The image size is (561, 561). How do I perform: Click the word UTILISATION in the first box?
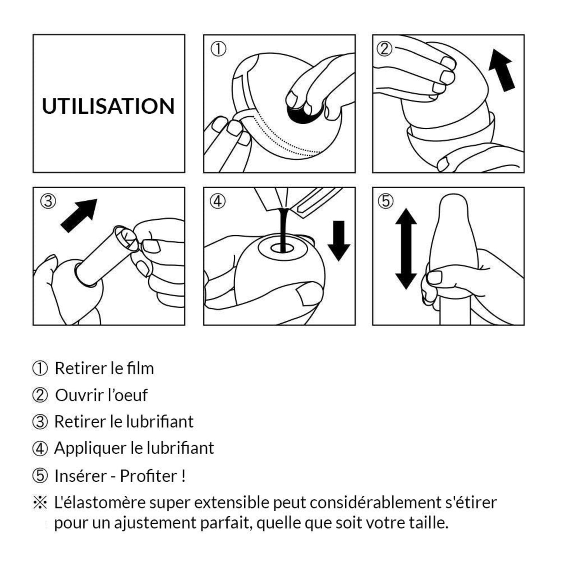tap(108, 106)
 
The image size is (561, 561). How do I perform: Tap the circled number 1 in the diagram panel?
tap(218, 49)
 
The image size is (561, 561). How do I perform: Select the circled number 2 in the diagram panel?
tap(385, 49)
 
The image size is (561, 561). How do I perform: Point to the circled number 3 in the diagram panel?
tap(48, 201)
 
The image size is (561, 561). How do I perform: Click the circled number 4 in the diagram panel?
tap(218, 201)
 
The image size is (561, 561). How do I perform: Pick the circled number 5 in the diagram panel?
tap(386, 201)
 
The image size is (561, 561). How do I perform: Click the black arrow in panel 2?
tap(501, 70)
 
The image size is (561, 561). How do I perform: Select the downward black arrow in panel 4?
tap(339, 241)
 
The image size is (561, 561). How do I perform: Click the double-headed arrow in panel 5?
tap(406, 249)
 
